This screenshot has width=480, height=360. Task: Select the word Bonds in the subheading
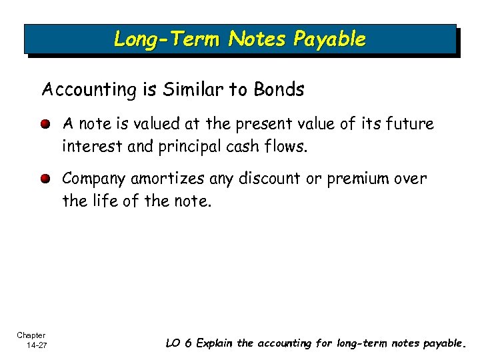pos(279,90)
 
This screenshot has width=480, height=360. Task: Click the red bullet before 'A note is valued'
pos(45,125)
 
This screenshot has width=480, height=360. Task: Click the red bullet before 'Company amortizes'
pos(45,179)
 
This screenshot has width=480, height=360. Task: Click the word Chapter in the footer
pos(31,335)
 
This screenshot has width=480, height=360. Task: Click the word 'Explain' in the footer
pos(215,343)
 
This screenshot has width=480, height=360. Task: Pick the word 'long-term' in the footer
pos(357,343)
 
